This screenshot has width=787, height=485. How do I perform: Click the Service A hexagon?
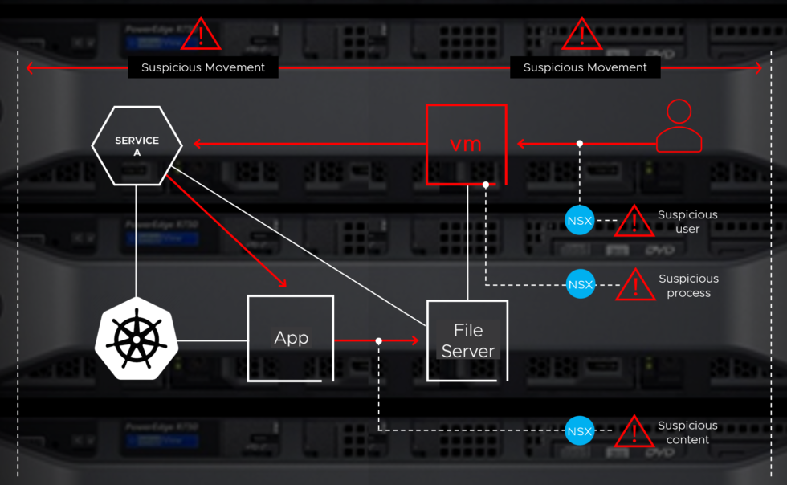[137, 145]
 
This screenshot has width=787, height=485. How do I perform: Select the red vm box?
[466, 145]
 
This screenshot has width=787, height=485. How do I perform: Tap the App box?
[291, 338]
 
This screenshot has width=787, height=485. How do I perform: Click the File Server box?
[467, 340]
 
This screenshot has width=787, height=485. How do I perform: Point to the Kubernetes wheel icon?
[137, 338]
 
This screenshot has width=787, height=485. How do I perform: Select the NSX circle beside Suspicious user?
[579, 220]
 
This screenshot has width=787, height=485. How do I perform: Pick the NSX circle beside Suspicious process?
[580, 284]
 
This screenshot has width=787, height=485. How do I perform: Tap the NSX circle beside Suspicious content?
[579, 431]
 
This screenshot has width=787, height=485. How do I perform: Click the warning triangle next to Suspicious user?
[634, 222]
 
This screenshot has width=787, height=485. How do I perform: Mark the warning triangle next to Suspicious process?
[635, 286]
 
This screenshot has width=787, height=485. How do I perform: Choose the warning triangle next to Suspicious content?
[634, 433]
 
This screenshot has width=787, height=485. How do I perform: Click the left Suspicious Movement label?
[203, 67]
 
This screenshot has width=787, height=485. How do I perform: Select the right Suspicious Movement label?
[585, 67]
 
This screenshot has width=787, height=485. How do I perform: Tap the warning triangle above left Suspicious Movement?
[200, 35]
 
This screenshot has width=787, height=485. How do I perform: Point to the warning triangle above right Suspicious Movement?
[581, 35]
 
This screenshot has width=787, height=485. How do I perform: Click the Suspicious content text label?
[687, 432]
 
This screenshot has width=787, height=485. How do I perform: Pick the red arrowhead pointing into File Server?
[414, 340]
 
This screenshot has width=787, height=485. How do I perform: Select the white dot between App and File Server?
[378, 340]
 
